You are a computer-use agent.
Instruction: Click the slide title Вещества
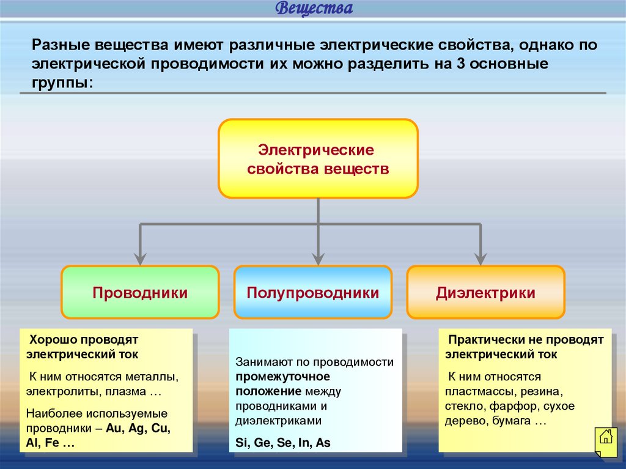coord(314,9)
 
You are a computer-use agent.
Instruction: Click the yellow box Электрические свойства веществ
coord(318,159)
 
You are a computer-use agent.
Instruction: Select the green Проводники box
coord(140,293)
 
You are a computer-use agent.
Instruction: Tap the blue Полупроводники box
coord(313,293)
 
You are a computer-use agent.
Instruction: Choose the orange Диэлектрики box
coord(485,293)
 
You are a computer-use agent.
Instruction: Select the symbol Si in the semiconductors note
coord(241,443)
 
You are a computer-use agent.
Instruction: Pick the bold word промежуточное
coord(283,377)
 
